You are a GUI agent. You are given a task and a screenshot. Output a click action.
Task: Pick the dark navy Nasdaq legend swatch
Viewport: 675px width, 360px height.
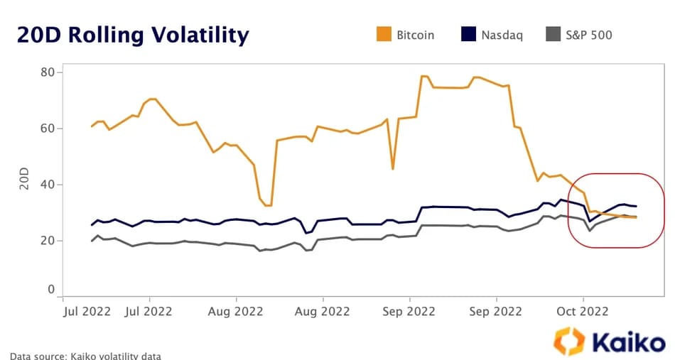pyautogui.click(x=468, y=34)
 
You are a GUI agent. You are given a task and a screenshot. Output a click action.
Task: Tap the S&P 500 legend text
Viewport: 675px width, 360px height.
pyautogui.click(x=588, y=34)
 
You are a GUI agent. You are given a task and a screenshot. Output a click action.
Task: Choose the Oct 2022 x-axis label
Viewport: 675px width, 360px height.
pyautogui.click(x=583, y=310)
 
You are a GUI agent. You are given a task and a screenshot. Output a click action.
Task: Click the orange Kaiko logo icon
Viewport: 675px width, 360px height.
pyautogui.click(x=569, y=341)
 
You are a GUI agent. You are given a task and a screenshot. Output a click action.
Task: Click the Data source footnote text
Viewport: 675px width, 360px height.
pyautogui.click(x=85, y=355)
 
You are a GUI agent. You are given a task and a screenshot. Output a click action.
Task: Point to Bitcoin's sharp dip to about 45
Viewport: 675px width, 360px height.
pyautogui.click(x=392, y=168)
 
